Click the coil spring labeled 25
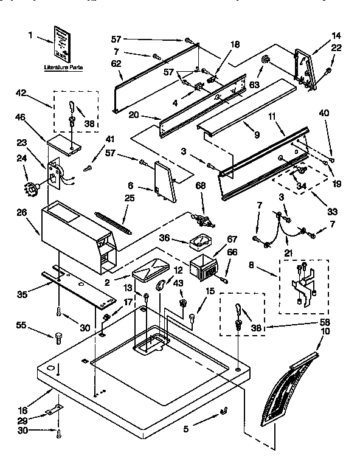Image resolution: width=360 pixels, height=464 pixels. click(x=114, y=221)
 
